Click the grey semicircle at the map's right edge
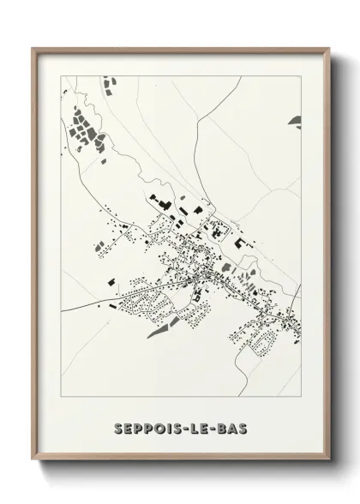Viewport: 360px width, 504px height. coord(296,119)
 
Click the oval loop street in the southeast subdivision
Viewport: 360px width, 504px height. coord(263,342)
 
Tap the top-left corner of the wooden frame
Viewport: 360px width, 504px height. coord(33,48)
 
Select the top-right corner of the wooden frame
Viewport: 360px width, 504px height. coord(329,48)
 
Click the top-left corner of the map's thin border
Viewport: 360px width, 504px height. coord(62,75)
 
